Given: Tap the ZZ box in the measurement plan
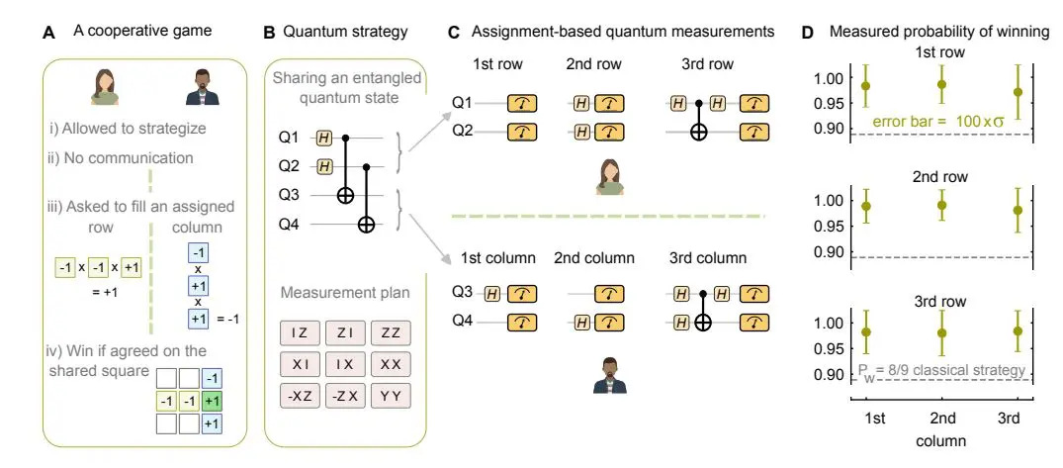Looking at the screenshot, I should pos(391,333).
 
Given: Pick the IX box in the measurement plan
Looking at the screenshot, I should pos(345,364).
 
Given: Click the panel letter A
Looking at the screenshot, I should pos(47,32).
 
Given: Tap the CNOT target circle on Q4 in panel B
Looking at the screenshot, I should pos(367,226).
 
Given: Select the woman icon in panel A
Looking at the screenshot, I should pos(105,86).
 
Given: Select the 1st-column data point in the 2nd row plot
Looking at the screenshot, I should pos(866,207).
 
